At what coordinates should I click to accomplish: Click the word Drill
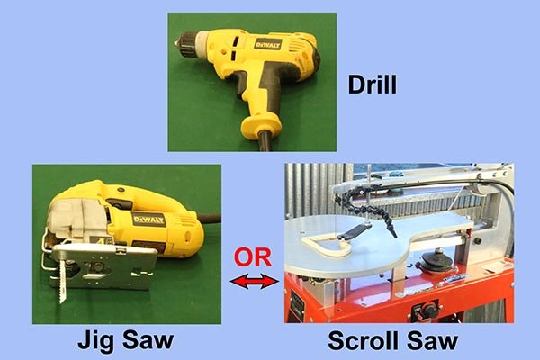pos(373,85)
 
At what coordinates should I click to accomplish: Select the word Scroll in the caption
pos(363,341)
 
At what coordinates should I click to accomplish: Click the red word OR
pos(253,257)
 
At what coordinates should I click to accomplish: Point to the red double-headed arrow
pos(255,282)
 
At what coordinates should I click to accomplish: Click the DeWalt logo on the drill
pos(268,44)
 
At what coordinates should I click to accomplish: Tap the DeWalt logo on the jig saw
pos(148,220)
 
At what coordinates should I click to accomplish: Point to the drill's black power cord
pos(265,141)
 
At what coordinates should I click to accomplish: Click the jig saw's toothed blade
pos(62,281)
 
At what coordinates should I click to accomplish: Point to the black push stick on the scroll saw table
pos(354,230)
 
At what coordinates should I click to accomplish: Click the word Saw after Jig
pos(148,340)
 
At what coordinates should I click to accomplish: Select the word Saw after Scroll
pos(432,341)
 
